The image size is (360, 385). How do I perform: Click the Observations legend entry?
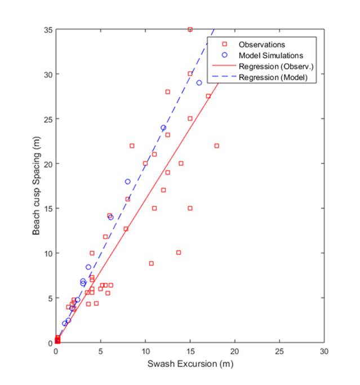point(261,45)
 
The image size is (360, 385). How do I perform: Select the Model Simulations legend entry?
point(270,56)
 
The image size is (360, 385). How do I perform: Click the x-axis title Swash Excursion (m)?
point(190,364)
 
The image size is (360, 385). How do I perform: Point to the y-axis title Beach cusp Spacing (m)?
point(35,186)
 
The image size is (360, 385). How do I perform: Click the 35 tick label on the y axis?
point(47,29)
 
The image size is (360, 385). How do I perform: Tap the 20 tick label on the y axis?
point(47,163)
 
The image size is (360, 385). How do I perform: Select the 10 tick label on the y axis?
point(47,253)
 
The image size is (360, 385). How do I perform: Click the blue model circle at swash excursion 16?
point(199,83)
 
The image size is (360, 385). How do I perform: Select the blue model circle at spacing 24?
point(163,127)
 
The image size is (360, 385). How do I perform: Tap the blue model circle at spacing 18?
point(127,182)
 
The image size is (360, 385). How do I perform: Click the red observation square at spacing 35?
point(190,29)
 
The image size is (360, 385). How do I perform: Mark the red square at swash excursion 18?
point(217,145)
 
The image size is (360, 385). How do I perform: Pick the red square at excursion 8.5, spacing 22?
point(132,145)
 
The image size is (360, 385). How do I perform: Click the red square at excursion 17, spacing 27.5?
point(208,96)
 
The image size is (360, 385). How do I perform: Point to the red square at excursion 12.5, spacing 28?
point(167,92)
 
